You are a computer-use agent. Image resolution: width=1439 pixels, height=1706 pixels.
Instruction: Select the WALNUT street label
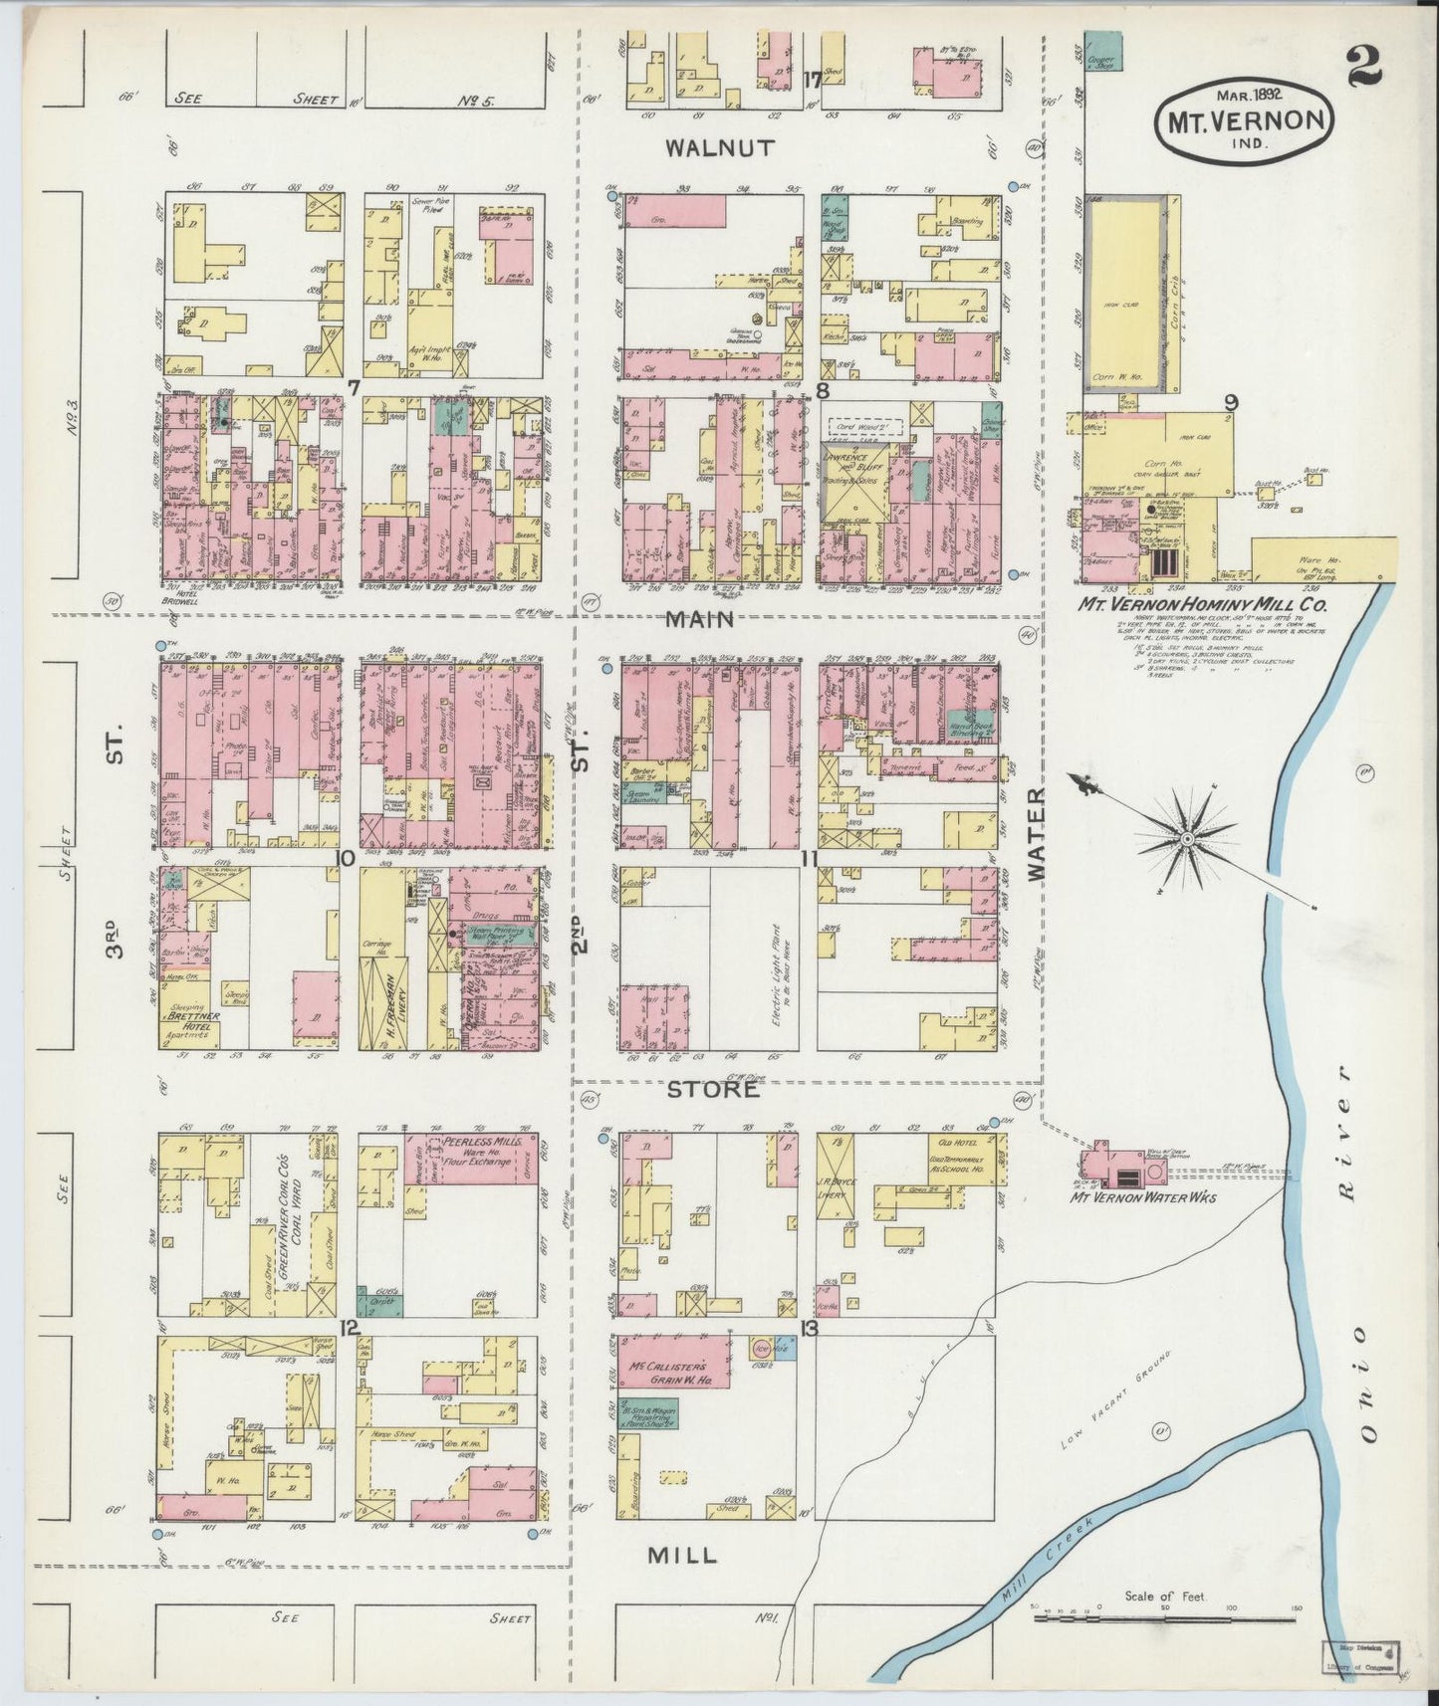tap(720, 148)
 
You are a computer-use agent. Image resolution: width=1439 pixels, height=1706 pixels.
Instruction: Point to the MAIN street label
tap(700, 619)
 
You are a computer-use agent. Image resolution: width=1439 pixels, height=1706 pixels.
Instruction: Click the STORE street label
tap(713, 1089)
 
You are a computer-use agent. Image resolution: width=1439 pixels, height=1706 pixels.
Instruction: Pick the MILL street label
tap(682, 1555)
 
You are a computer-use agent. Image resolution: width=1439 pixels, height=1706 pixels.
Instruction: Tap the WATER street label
tap(1036, 833)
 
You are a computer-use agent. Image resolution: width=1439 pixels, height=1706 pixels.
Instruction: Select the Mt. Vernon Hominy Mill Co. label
tap(1201, 604)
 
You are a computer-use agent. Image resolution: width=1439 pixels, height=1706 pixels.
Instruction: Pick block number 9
tap(1231, 403)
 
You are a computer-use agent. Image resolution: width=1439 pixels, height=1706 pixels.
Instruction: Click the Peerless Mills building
tap(470, 1155)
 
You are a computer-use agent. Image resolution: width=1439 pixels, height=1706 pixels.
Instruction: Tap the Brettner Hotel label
tap(192, 1023)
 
